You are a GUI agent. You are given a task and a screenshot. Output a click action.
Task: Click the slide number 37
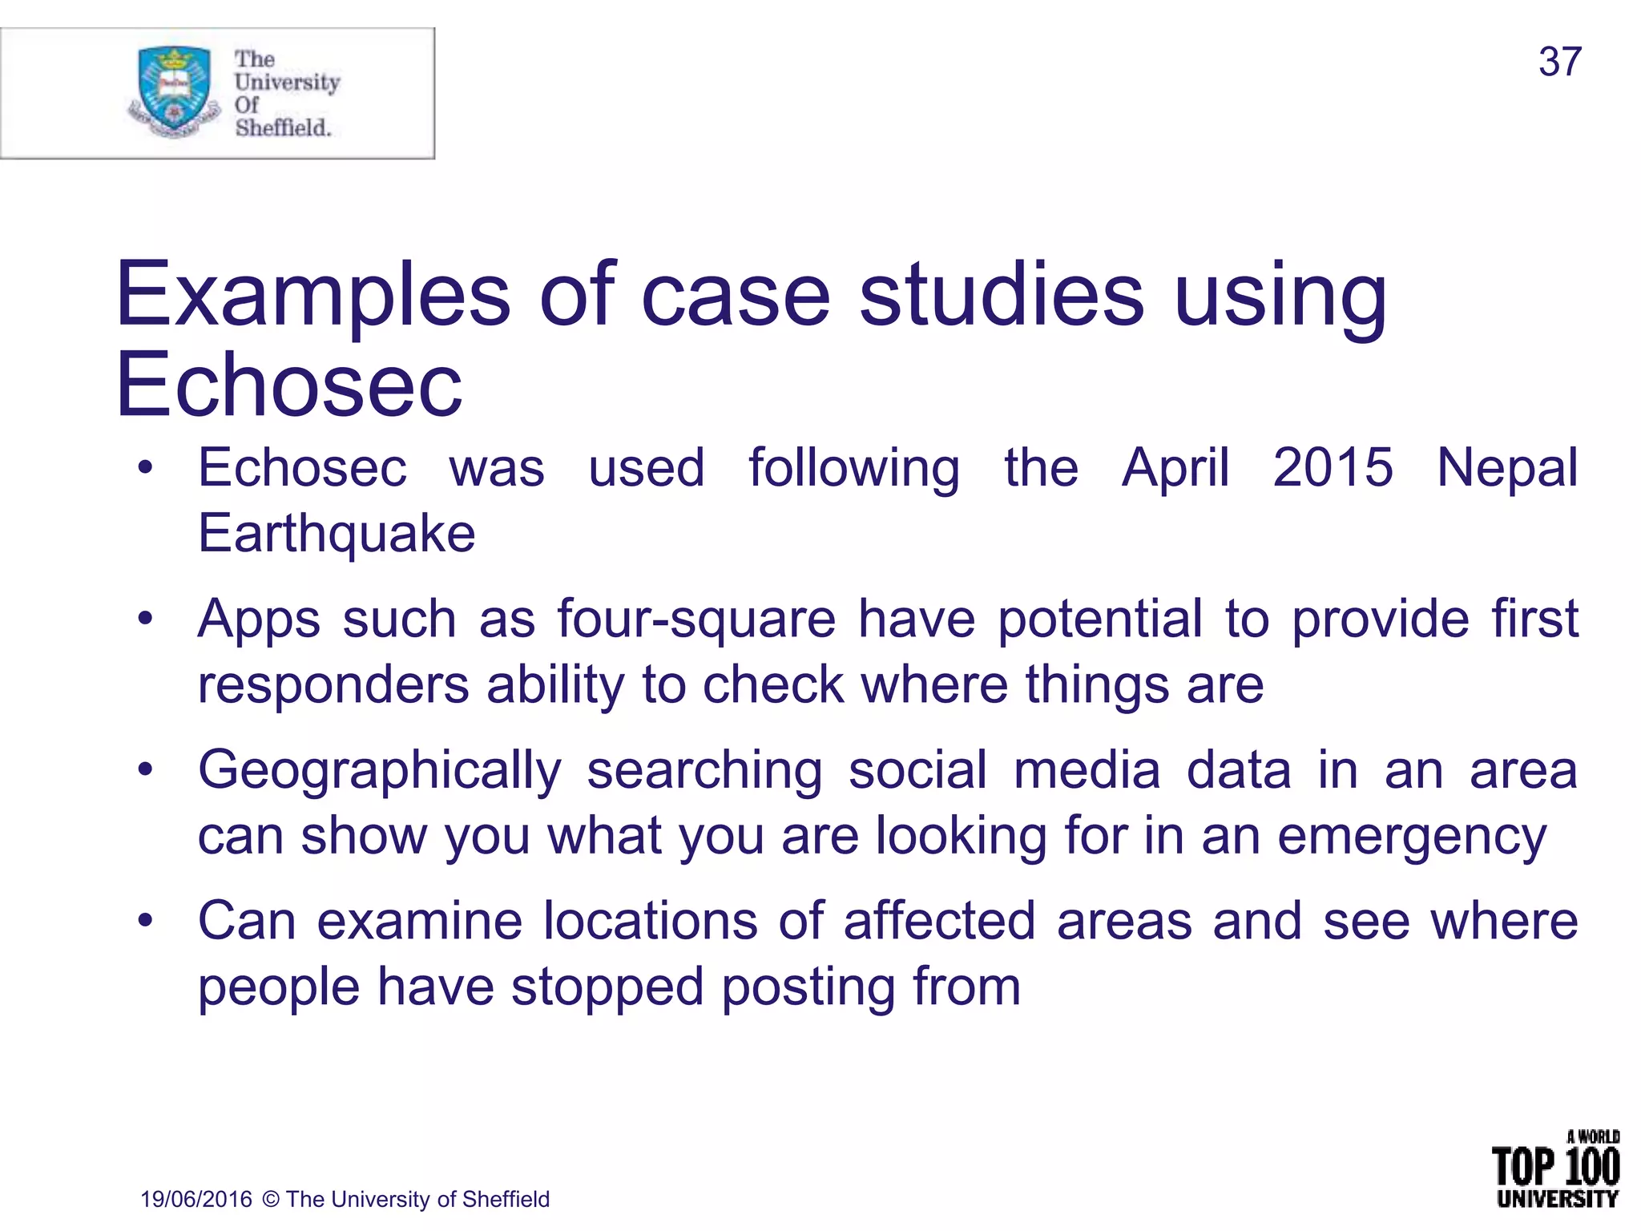click(x=1559, y=62)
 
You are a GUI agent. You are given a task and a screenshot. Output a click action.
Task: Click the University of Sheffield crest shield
click(x=174, y=88)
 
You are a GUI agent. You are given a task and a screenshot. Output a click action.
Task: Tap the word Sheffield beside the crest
click(x=283, y=127)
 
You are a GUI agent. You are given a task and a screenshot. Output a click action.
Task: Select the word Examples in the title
click(x=313, y=297)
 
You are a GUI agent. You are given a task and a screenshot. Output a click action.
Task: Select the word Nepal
click(x=1506, y=469)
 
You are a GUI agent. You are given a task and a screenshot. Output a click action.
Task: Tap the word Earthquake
click(x=337, y=534)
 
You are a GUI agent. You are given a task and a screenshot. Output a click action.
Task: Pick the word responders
click(x=333, y=686)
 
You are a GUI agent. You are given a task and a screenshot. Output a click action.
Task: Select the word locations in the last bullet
click(x=650, y=921)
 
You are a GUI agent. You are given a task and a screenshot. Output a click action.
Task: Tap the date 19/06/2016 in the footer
click(x=196, y=1199)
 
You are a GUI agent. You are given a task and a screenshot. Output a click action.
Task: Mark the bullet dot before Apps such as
click(x=145, y=619)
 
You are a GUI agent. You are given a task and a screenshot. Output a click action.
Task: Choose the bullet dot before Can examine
click(x=145, y=921)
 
